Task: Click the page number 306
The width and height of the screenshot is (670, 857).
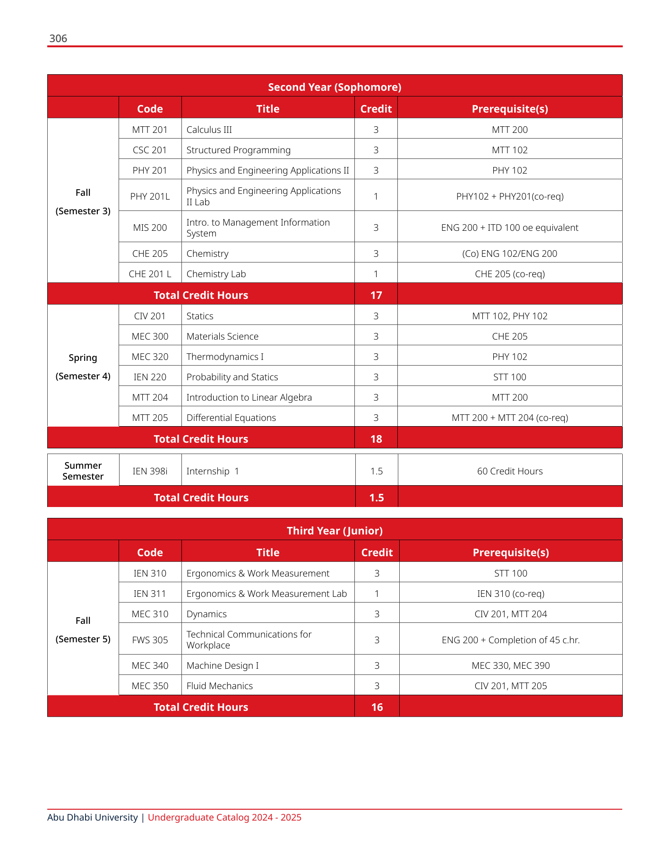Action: coord(58,39)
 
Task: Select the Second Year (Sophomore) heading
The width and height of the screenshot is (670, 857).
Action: coord(335,87)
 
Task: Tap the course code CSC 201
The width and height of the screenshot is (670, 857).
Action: coord(150,150)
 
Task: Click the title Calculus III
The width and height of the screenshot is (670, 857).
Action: coord(209,130)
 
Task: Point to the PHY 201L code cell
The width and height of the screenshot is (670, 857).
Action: coord(150,196)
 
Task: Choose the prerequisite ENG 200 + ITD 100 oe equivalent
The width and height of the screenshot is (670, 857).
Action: coord(509,227)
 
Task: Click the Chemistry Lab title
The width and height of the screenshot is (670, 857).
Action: coord(216,274)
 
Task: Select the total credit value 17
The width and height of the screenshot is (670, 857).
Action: coord(376,295)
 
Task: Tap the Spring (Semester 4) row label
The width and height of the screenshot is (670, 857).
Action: coord(83,367)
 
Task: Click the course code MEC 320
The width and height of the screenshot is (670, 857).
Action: coord(150,357)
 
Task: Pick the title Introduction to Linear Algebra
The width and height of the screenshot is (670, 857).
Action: coord(249,397)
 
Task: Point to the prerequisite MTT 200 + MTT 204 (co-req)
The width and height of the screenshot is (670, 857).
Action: coord(509,418)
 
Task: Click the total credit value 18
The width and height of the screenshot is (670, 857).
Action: coord(376,439)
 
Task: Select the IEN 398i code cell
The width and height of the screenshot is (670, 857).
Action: coord(150,471)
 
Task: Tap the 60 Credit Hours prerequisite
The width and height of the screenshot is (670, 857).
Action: coord(509,471)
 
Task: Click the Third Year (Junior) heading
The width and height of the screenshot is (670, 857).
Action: coord(335,531)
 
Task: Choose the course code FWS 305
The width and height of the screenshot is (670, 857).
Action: coord(150,640)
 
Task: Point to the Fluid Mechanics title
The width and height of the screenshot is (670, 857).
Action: coord(219,686)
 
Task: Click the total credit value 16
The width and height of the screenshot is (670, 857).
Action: coord(377,707)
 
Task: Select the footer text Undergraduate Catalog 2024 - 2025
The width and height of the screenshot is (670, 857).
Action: coord(224,817)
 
